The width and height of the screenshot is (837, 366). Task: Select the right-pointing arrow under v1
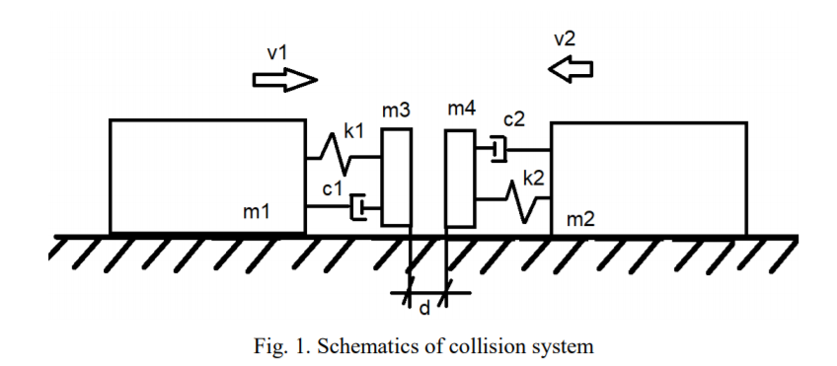[x=285, y=80]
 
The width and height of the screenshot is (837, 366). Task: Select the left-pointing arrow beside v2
[x=572, y=68]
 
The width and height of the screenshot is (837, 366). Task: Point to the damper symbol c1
[x=362, y=207]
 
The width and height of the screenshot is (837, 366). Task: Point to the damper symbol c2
[x=495, y=149]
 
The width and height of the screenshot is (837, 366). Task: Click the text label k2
[x=534, y=179]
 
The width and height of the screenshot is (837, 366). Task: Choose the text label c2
[x=514, y=119]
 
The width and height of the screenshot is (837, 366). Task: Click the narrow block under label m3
[x=396, y=178]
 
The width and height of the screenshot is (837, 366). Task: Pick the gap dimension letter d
[x=424, y=308]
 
